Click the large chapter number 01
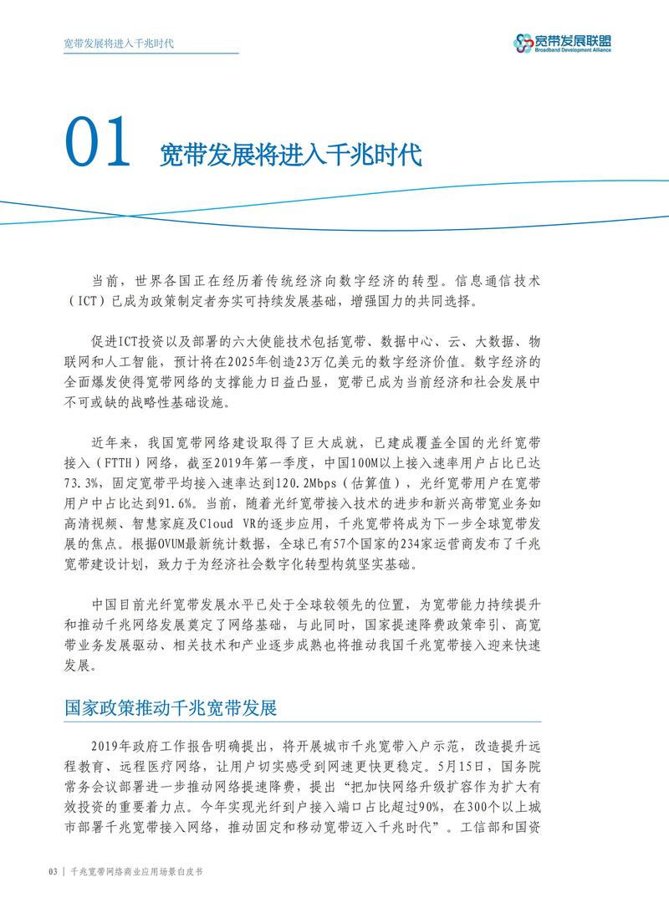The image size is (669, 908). pyautogui.click(x=98, y=145)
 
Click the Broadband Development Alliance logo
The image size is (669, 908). pyautogui.click(x=561, y=41)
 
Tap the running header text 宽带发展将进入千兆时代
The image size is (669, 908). pyautogui.click(x=119, y=42)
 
